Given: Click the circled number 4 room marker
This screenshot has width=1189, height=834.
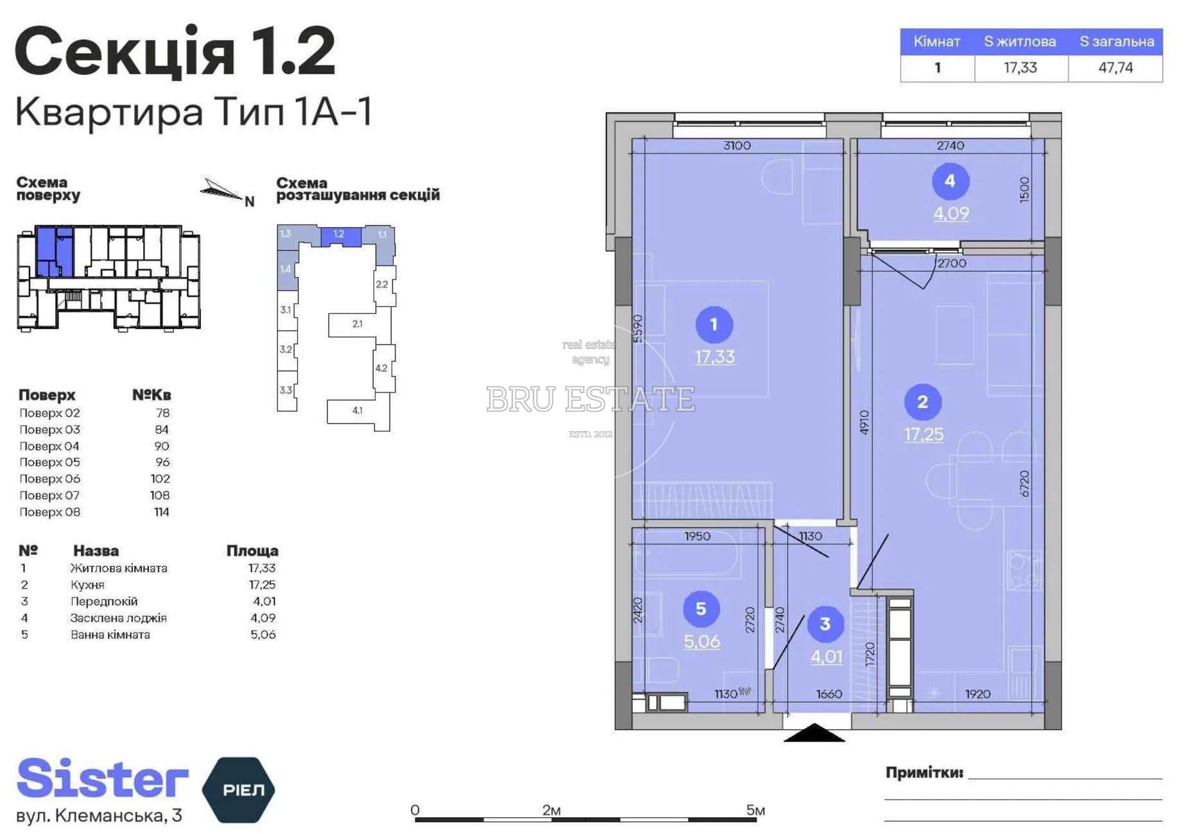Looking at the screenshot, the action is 950,182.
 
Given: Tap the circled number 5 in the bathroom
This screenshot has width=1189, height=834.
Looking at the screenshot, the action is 701,609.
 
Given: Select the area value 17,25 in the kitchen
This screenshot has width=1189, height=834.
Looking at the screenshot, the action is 924,434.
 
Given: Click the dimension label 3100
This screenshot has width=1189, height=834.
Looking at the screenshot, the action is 736,146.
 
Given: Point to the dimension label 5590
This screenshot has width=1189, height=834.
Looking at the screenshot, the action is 638,328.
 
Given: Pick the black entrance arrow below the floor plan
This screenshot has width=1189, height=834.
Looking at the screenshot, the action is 814,733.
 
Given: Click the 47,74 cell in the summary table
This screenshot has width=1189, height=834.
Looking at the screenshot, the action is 1116,67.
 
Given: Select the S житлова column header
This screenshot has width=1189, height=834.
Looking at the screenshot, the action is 1020,42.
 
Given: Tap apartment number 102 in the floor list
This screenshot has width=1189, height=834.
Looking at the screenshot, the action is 161,479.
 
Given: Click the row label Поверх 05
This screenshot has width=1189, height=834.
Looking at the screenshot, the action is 49,462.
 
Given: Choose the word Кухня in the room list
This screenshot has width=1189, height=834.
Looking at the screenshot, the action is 87,584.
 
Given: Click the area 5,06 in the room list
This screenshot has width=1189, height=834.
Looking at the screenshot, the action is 263,634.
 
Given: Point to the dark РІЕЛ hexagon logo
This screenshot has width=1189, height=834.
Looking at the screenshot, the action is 238,790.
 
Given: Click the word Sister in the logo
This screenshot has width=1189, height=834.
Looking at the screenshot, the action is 103,778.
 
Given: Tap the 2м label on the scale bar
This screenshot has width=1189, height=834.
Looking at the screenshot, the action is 551,810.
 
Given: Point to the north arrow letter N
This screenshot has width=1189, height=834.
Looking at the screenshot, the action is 250,202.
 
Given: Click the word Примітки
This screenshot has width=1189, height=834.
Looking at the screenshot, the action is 924,772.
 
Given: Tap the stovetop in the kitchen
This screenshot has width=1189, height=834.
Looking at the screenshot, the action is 1025,570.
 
